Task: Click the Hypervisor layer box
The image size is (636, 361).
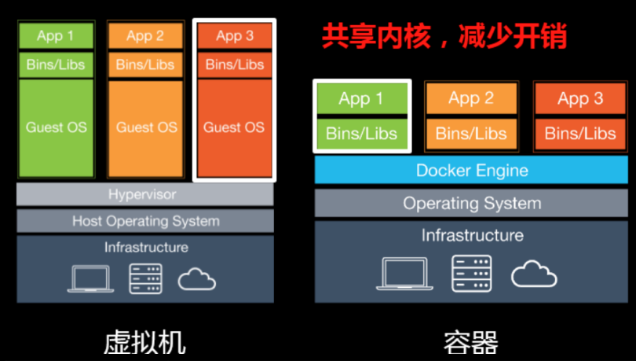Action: (144, 194)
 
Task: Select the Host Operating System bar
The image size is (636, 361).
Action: (145, 221)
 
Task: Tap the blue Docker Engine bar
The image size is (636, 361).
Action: (472, 170)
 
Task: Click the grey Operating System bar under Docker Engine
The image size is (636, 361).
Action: (472, 203)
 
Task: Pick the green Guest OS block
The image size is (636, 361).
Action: (56, 127)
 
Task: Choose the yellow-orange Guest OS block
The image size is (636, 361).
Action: (147, 127)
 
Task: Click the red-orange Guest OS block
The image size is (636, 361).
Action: (234, 127)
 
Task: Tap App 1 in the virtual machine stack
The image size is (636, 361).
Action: (56, 35)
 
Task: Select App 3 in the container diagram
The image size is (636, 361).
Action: (580, 98)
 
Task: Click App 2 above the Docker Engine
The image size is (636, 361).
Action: (471, 98)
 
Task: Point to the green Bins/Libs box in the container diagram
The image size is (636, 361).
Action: (361, 133)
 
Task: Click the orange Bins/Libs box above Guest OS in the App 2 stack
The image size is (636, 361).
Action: (147, 64)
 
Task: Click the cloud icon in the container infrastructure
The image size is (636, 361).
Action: (534, 274)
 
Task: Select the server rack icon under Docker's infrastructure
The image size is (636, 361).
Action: (471, 274)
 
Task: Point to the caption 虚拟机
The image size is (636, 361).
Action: (144, 342)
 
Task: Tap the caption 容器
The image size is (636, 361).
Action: (471, 342)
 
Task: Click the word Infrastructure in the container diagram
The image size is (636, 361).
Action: (472, 235)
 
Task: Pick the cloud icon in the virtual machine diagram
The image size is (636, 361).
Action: (197, 278)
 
